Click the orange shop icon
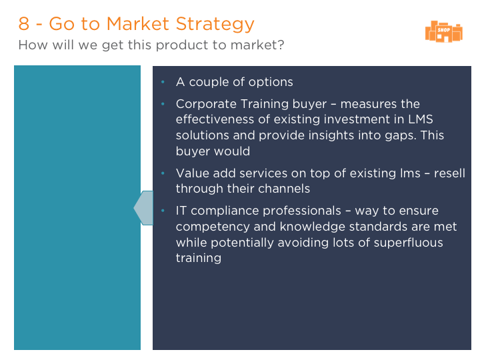click(443, 31)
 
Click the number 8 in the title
click(24, 23)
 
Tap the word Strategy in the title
click(215, 24)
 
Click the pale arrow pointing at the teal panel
click(143, 208)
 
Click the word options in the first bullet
click(271, 83)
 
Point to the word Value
click(193, 173)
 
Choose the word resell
click(449, 173)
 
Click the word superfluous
click(408, 243)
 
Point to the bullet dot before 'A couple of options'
click(163, 82)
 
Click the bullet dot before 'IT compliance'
click(163, 210)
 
